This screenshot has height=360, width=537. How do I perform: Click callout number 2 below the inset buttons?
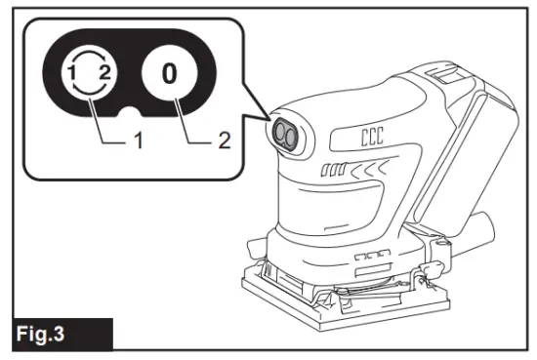point(224,140)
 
